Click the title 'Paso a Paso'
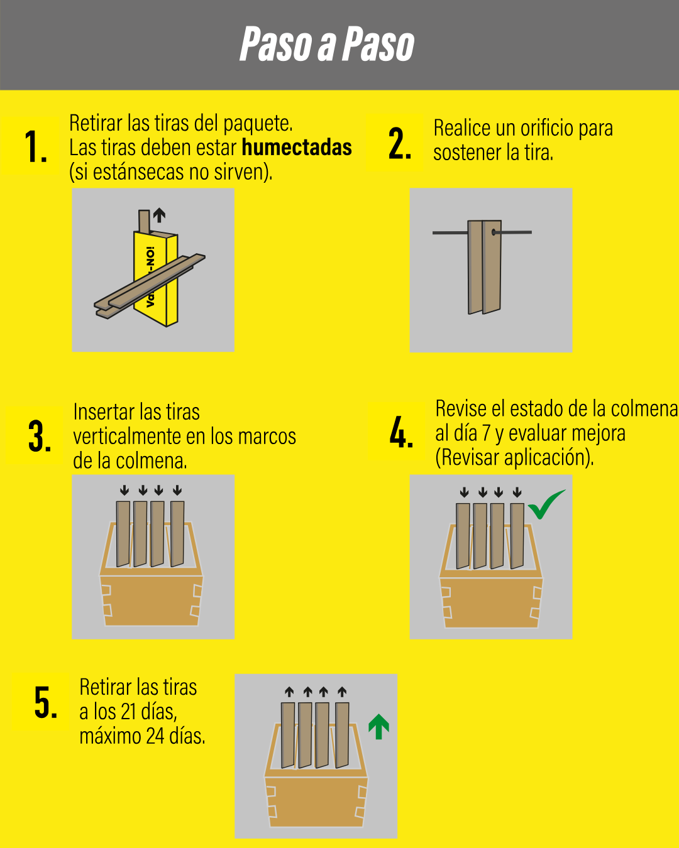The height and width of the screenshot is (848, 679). coord(327,44)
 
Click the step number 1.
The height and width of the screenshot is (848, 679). coord(35,146)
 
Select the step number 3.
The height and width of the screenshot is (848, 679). coord(40,436)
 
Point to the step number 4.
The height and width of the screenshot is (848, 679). coord(401,432)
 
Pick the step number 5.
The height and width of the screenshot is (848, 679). coord(46,702)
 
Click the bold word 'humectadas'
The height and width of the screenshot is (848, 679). coord(297,148)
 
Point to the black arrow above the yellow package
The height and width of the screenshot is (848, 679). coord(159,215)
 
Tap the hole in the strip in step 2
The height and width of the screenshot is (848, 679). coord(494,232)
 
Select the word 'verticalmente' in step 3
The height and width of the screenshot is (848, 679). coord(127,437)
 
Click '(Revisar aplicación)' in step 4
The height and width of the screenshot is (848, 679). coord(514,458)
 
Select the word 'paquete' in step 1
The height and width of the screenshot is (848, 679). coord(258,123)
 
